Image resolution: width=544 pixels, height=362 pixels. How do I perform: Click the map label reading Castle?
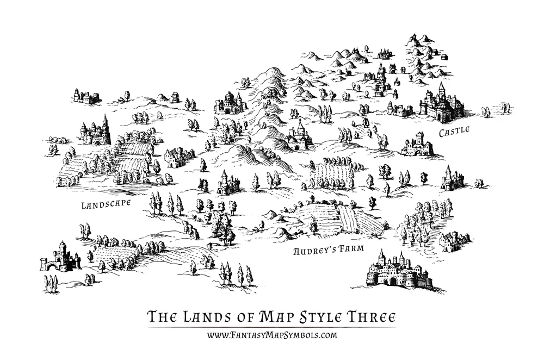coord(455,132)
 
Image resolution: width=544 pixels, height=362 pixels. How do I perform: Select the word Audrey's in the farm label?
coord(313,252)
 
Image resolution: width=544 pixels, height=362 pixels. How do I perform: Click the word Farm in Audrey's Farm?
coord(350,252)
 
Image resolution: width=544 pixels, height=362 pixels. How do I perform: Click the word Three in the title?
coord(370,317)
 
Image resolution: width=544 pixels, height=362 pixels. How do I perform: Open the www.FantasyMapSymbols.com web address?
coord(271,335)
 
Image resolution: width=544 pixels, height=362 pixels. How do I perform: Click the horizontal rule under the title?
coord(271,327)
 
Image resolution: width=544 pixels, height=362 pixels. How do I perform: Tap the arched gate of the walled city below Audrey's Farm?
coord(393,281)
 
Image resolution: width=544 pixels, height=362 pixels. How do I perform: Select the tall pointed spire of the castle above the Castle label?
coord(441,89)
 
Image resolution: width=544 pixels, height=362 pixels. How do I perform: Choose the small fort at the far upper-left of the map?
coord(86,97)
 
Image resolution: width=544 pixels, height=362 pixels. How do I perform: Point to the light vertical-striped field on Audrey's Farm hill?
coord(347,217)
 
